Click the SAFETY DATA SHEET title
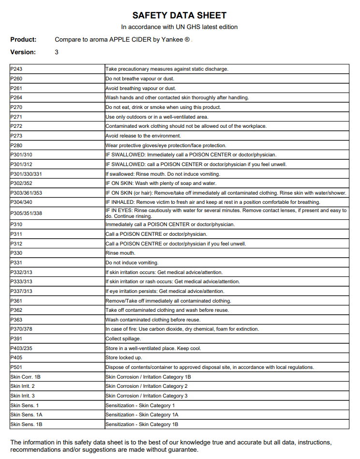[179, 16]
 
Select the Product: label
[23, 40]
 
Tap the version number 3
[57, 52]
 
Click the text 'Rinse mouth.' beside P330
[120, 253]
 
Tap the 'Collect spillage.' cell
[123, 339]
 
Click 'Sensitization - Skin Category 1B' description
[142, 425]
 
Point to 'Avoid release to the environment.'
[143, 136]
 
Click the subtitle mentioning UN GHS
[179, 27]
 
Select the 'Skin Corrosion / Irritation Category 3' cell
[147, 396]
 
